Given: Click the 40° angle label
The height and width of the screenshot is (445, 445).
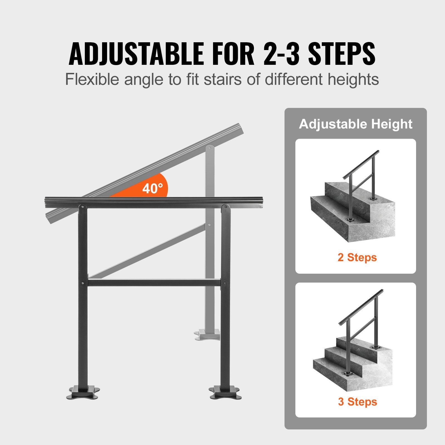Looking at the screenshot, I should (152, 189).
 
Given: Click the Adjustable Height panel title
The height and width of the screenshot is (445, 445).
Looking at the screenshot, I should (355, 124).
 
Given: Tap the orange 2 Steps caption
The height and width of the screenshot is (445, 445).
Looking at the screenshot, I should (357, 257).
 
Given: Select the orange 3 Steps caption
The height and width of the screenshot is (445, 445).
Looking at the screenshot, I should (357, 402).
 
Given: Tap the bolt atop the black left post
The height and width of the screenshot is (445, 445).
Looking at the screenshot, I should (82, 207).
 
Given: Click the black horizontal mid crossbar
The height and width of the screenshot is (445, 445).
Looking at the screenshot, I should (154, 283).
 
